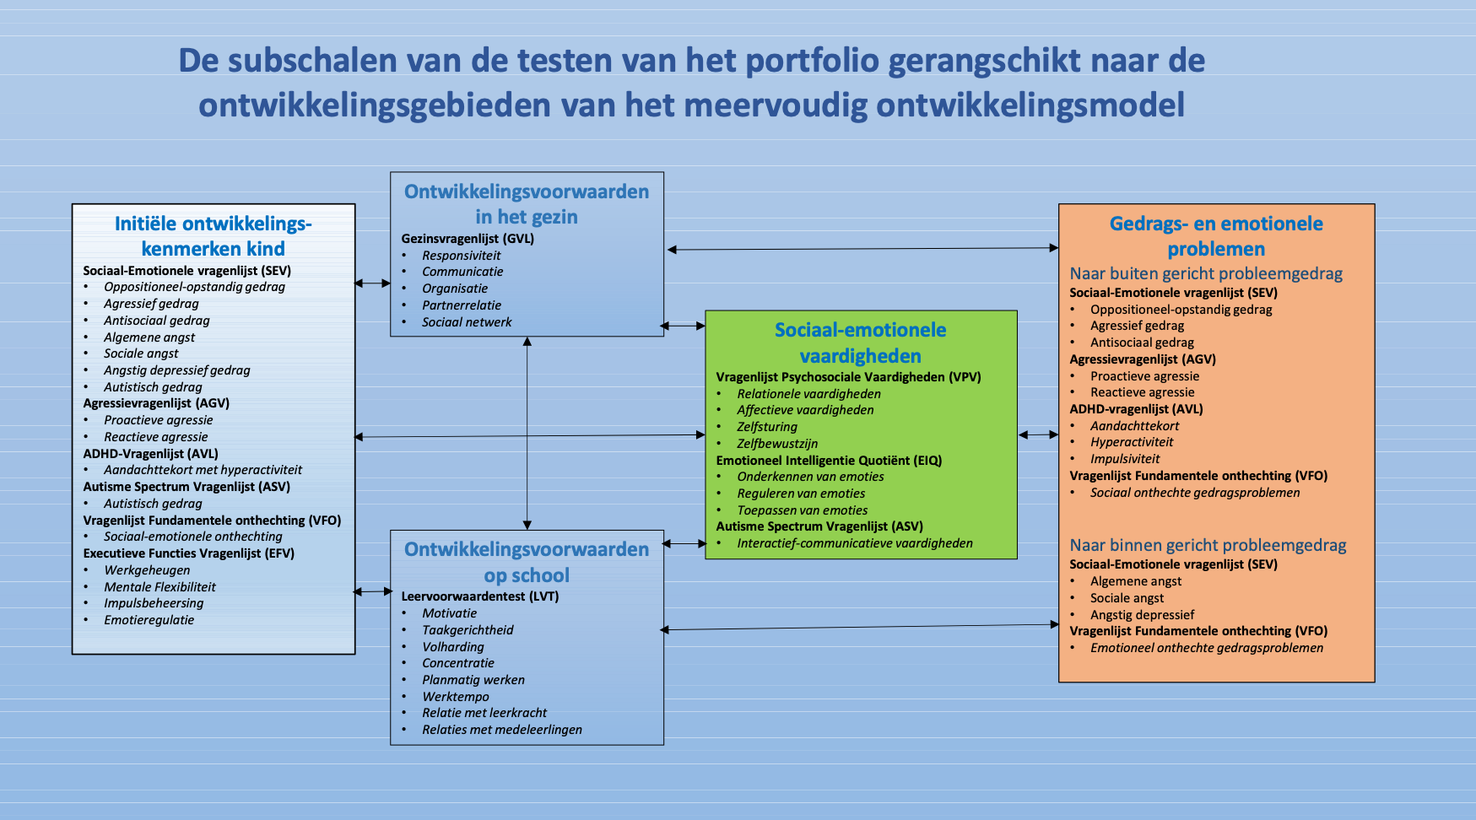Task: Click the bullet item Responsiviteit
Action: [x=462, y=256]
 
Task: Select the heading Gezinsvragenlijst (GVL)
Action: [x=468, y=239]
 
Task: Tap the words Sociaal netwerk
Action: [x=467, y=322]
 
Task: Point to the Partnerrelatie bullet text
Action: [x=462, y=305]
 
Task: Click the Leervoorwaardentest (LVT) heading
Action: [x=480, y=596]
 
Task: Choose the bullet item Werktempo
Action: [x=456, y=697]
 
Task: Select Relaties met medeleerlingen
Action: [x=502, y=730]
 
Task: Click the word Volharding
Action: [x=453, y=647]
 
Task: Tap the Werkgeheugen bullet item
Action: [x=147, y=570]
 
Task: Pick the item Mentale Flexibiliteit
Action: [x=159, y=587]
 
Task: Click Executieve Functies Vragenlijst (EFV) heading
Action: [x=189, y=553]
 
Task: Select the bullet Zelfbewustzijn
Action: [x=777, y=444]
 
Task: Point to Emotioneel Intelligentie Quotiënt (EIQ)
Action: [x=829, y=461]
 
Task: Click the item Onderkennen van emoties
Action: [x=810, y=477]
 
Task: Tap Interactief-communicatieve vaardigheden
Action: [x=855, y=543]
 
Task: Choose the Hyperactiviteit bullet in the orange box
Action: [x=1132, y=442]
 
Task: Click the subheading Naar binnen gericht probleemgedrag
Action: [x=1208, y=545]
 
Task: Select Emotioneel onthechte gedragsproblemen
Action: [x=1207, y=648]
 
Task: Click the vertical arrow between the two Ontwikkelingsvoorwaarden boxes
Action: [x=527, y=433]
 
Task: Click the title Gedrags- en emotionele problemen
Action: [x=1216, y=236]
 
